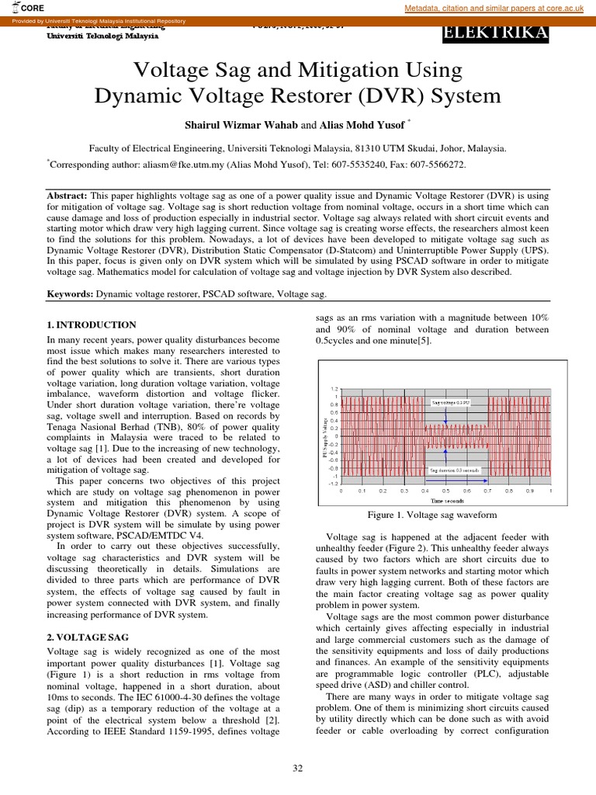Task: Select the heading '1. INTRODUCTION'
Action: [x=92, y=325]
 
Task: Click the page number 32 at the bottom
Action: [x=297, y=768]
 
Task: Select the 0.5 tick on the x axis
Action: [x=445, y=491]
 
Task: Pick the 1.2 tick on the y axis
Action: [x=334, y=388]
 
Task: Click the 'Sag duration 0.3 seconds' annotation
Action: [x=455, y=470]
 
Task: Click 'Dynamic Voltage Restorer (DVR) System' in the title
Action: [x=297, y=97]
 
